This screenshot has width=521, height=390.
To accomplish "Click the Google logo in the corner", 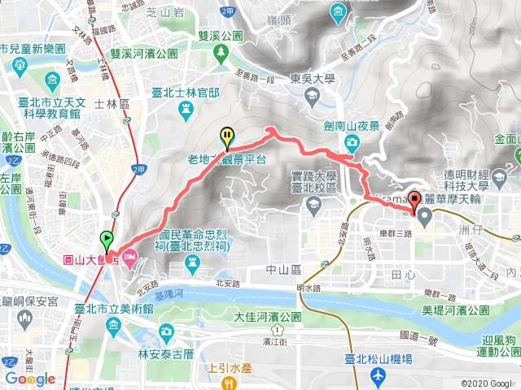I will pyautogui.click(x=30, y=379).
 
